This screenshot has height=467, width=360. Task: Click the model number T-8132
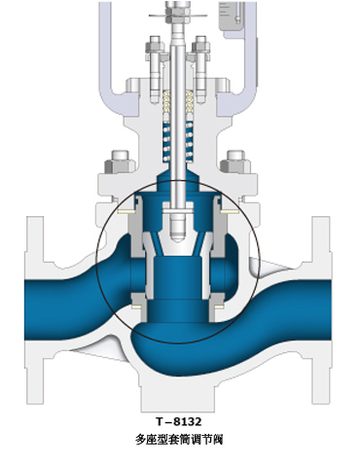click(179, 421)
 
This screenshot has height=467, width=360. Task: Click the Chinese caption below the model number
click(179, 440)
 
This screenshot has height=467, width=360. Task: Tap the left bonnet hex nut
click(120, 162)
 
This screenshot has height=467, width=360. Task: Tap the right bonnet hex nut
click(235, 162)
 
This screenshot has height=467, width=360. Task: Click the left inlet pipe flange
click(34, 309)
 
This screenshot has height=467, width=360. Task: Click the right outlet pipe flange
click(321, 309)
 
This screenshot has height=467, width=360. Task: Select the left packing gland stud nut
click(155, 45)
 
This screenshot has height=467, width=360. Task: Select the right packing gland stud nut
click(201, 45)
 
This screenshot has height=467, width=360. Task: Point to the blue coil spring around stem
click(178, 143)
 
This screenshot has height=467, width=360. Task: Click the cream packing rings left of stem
click(166, 103)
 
